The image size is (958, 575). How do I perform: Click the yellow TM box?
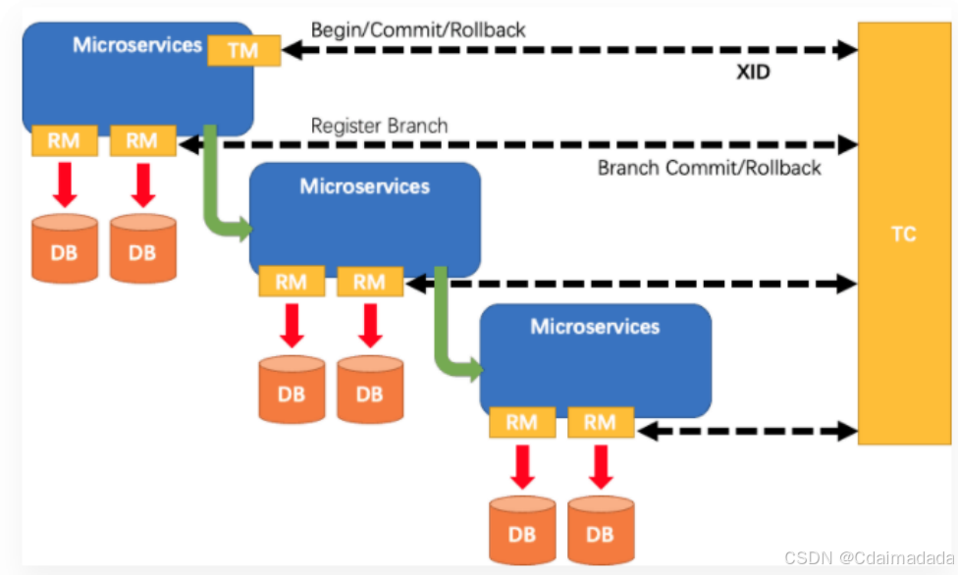click(243, 50)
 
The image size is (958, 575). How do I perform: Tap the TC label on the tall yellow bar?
click(904, 235)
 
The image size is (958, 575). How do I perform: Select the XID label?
click(753, 72)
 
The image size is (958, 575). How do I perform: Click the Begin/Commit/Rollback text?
click(418, 30)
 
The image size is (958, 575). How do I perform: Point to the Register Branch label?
click(380, 126)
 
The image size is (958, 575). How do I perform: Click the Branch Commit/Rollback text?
click(710, 168)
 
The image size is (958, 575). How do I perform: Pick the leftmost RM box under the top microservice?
click(64, 140)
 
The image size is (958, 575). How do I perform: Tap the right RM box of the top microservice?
click(143, 140)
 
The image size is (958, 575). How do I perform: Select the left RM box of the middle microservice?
click(292, 282)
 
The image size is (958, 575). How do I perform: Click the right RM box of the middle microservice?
click(370, 282)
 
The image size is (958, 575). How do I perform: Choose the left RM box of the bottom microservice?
click(522, 422)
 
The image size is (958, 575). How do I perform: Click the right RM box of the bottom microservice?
click(601, 422)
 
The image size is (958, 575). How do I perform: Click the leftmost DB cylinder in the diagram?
click(64, 248)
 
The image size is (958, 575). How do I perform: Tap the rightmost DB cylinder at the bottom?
click(601, 530)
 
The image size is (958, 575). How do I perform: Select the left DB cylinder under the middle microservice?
click(292, 390)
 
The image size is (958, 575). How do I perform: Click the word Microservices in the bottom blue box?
click(595, 327)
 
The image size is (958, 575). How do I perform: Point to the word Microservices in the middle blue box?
click(365, 186)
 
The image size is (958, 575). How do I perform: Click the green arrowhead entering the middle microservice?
click(244, 229)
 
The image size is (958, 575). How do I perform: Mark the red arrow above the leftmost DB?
click(65, 184)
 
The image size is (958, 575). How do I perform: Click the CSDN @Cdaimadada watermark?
click(869, 557)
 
